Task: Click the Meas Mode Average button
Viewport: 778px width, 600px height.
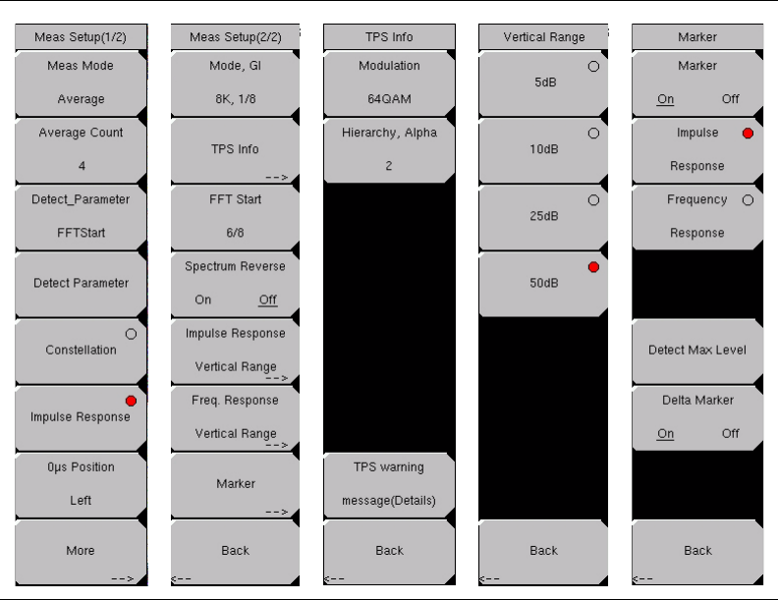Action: click(x=81, y=82)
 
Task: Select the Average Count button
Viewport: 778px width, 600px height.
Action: click(x=81, y=149)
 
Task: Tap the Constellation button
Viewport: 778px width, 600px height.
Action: click(x=81, y=350)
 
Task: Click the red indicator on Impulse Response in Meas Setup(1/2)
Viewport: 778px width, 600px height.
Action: click(x=131, y=401)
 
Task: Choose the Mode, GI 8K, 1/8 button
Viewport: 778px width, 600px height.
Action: click(x=236, y=82)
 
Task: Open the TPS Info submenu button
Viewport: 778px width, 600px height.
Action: click(x=236, y=149)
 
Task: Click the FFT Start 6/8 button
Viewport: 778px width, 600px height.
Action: click(x=236, y=216)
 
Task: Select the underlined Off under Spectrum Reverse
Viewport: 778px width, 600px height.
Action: click(x=267, y=300)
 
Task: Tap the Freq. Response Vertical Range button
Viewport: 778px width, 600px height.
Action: click(x=236, y=416)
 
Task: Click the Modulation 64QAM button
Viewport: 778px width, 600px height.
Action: click(x=389, y=82)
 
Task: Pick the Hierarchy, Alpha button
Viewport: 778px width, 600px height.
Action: click(x=389, y=149)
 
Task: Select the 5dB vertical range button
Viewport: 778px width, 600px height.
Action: click(x=543, y=82)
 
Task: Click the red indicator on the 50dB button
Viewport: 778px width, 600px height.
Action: click(x=593, y=267)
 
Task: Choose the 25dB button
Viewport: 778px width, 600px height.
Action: click(x=543, y=216)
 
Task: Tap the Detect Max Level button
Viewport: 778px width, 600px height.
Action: click(x=697, y=350)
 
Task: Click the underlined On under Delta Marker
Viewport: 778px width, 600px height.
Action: click(x=666, y=434)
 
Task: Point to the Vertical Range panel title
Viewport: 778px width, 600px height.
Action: click(x=543, y=37)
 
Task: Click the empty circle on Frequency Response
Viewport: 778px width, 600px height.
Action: click(x=748, y=200)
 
